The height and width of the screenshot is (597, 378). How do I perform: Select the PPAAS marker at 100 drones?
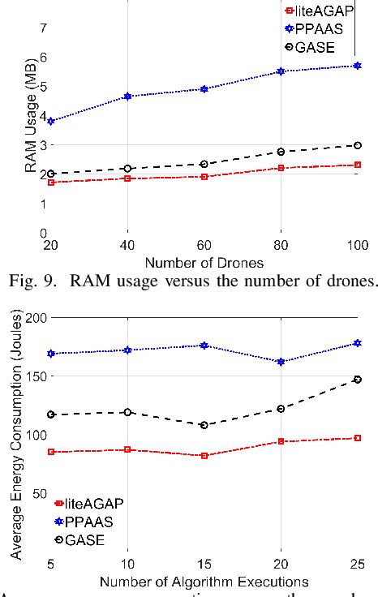[357, 65]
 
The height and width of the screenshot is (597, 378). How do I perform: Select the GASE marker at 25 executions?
[357, 379]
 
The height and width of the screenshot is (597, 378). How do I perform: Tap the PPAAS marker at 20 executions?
[281, 362]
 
